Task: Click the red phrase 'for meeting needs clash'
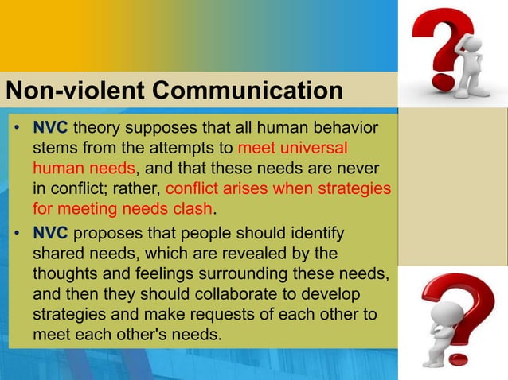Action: (123, 210)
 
